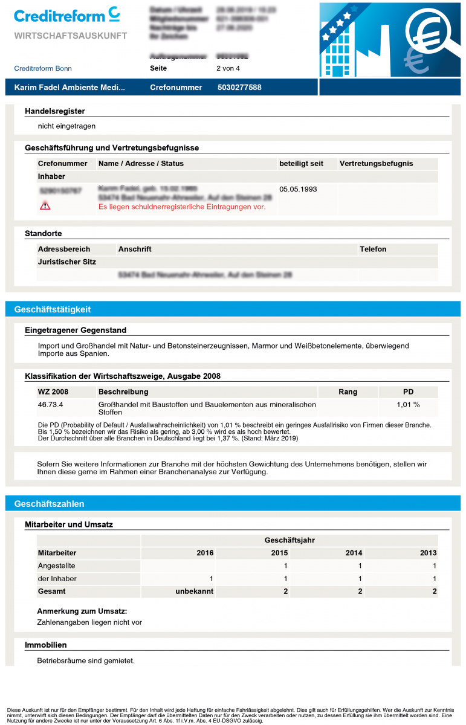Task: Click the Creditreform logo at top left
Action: pyautogui.click(x=66, y=15)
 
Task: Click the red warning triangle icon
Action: pyautogui.click(x=45, y=206)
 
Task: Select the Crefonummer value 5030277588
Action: pyautogui.click(x=239, y=88)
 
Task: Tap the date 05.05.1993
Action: pyautogui.click(x=298, y=189)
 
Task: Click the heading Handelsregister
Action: pyautogui.click(x=55, y=111)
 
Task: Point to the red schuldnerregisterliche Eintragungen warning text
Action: pyautogui.click(x=181, y=207)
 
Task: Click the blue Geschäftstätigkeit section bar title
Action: pyautogui.click(x=53, y=309)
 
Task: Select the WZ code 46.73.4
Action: pyautogui.click(x=50, y=404)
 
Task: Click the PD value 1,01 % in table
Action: pyautogui.click(x=408, y=404)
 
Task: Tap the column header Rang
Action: pyautogui.click(x=348, y=391)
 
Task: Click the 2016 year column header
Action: pyautogui.click(x=205, y=553)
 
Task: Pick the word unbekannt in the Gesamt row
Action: pyautogui.click(x=194, y=591)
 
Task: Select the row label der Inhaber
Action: pyautogui.click(x=57, y=579)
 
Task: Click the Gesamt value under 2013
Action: pyautogui.click(x=434, y=591)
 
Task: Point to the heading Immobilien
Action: pyautogui.click(x=46, y=645)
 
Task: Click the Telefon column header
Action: pyautogui.click(x=373, y=249)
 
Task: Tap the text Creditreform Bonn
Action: pyautogui.click(x=43, y=68)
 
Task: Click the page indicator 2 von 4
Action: pyautogui.click(x=228, y=68)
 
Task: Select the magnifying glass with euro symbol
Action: pyautogui.click(x=427, y=31)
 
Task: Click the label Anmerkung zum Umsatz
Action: pyautogui.click(x=82, y=611)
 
